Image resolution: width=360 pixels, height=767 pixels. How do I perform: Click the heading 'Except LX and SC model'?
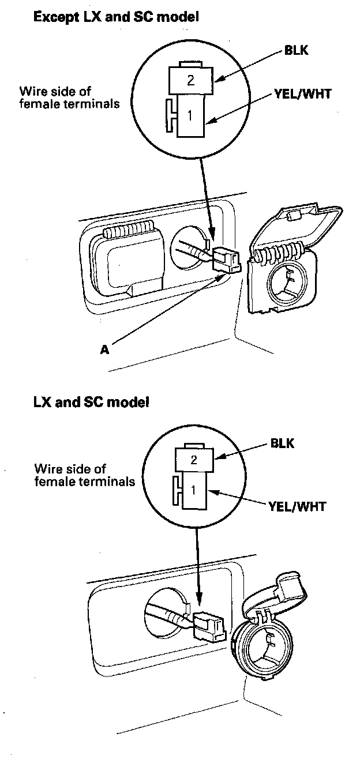click(116, 18)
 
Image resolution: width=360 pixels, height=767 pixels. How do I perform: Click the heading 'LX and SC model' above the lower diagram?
click(91, 402)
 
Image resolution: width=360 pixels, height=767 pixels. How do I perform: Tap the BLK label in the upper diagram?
click(297, 50)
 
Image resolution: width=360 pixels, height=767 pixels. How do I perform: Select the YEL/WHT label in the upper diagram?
click(303, 93)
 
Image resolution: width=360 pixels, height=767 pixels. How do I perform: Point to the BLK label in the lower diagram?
click(282, 444)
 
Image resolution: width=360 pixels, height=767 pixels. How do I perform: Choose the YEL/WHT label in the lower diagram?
click(297, 507)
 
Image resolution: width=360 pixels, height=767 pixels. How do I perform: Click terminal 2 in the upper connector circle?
click(191, 81)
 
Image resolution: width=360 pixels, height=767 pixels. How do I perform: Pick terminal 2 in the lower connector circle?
click(194, 460)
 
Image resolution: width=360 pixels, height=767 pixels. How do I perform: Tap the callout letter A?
click(104, 349)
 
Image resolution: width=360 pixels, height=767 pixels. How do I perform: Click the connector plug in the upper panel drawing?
click(226, 260)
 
